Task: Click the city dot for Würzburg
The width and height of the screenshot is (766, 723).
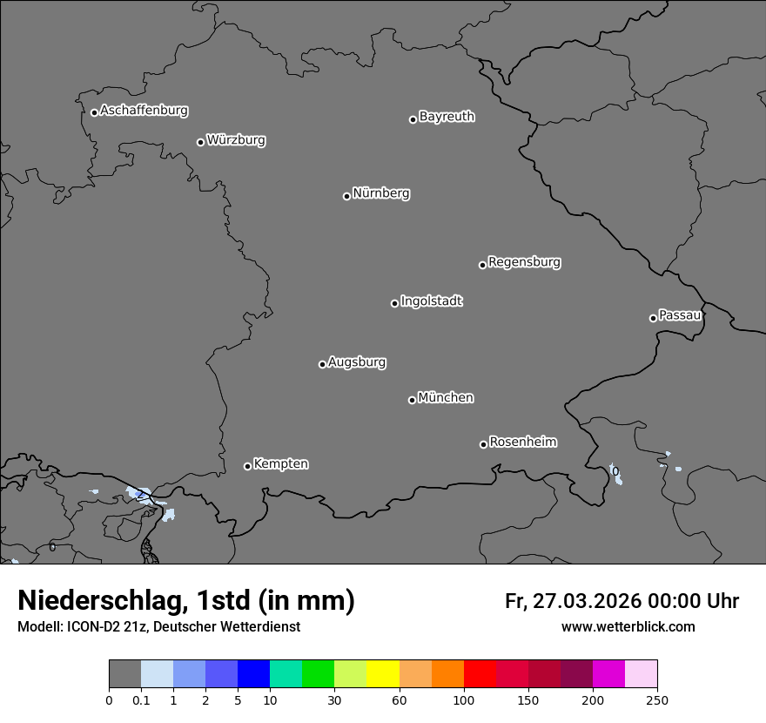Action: (200, 142)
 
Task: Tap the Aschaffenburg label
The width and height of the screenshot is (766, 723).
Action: (144, 111)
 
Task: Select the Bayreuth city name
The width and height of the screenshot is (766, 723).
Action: (447, 117)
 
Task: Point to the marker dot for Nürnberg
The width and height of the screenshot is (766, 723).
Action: (346, 196)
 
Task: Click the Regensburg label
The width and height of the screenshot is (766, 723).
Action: (524, 262)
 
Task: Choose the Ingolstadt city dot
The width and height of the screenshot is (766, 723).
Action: (394, 303)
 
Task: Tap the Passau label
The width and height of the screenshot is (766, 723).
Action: (680, 315)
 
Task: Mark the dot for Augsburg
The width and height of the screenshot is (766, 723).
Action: (322, 364)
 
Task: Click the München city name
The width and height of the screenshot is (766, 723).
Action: (446, 398)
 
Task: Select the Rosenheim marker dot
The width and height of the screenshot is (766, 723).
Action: (483, 444)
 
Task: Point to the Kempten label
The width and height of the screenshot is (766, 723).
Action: (280, 464)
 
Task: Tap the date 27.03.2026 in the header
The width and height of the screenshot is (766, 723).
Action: (585, 601)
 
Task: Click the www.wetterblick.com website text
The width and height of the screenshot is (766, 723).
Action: (628, 627)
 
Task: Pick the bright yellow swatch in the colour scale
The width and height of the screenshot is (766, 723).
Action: (383, 674)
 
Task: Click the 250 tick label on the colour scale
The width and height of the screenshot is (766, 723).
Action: (657, 700)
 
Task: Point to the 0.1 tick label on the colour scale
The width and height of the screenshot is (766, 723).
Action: (141, 700)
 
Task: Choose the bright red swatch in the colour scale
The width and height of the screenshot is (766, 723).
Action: (480, 674)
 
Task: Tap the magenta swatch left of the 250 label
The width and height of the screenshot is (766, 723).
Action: (608, 674)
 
